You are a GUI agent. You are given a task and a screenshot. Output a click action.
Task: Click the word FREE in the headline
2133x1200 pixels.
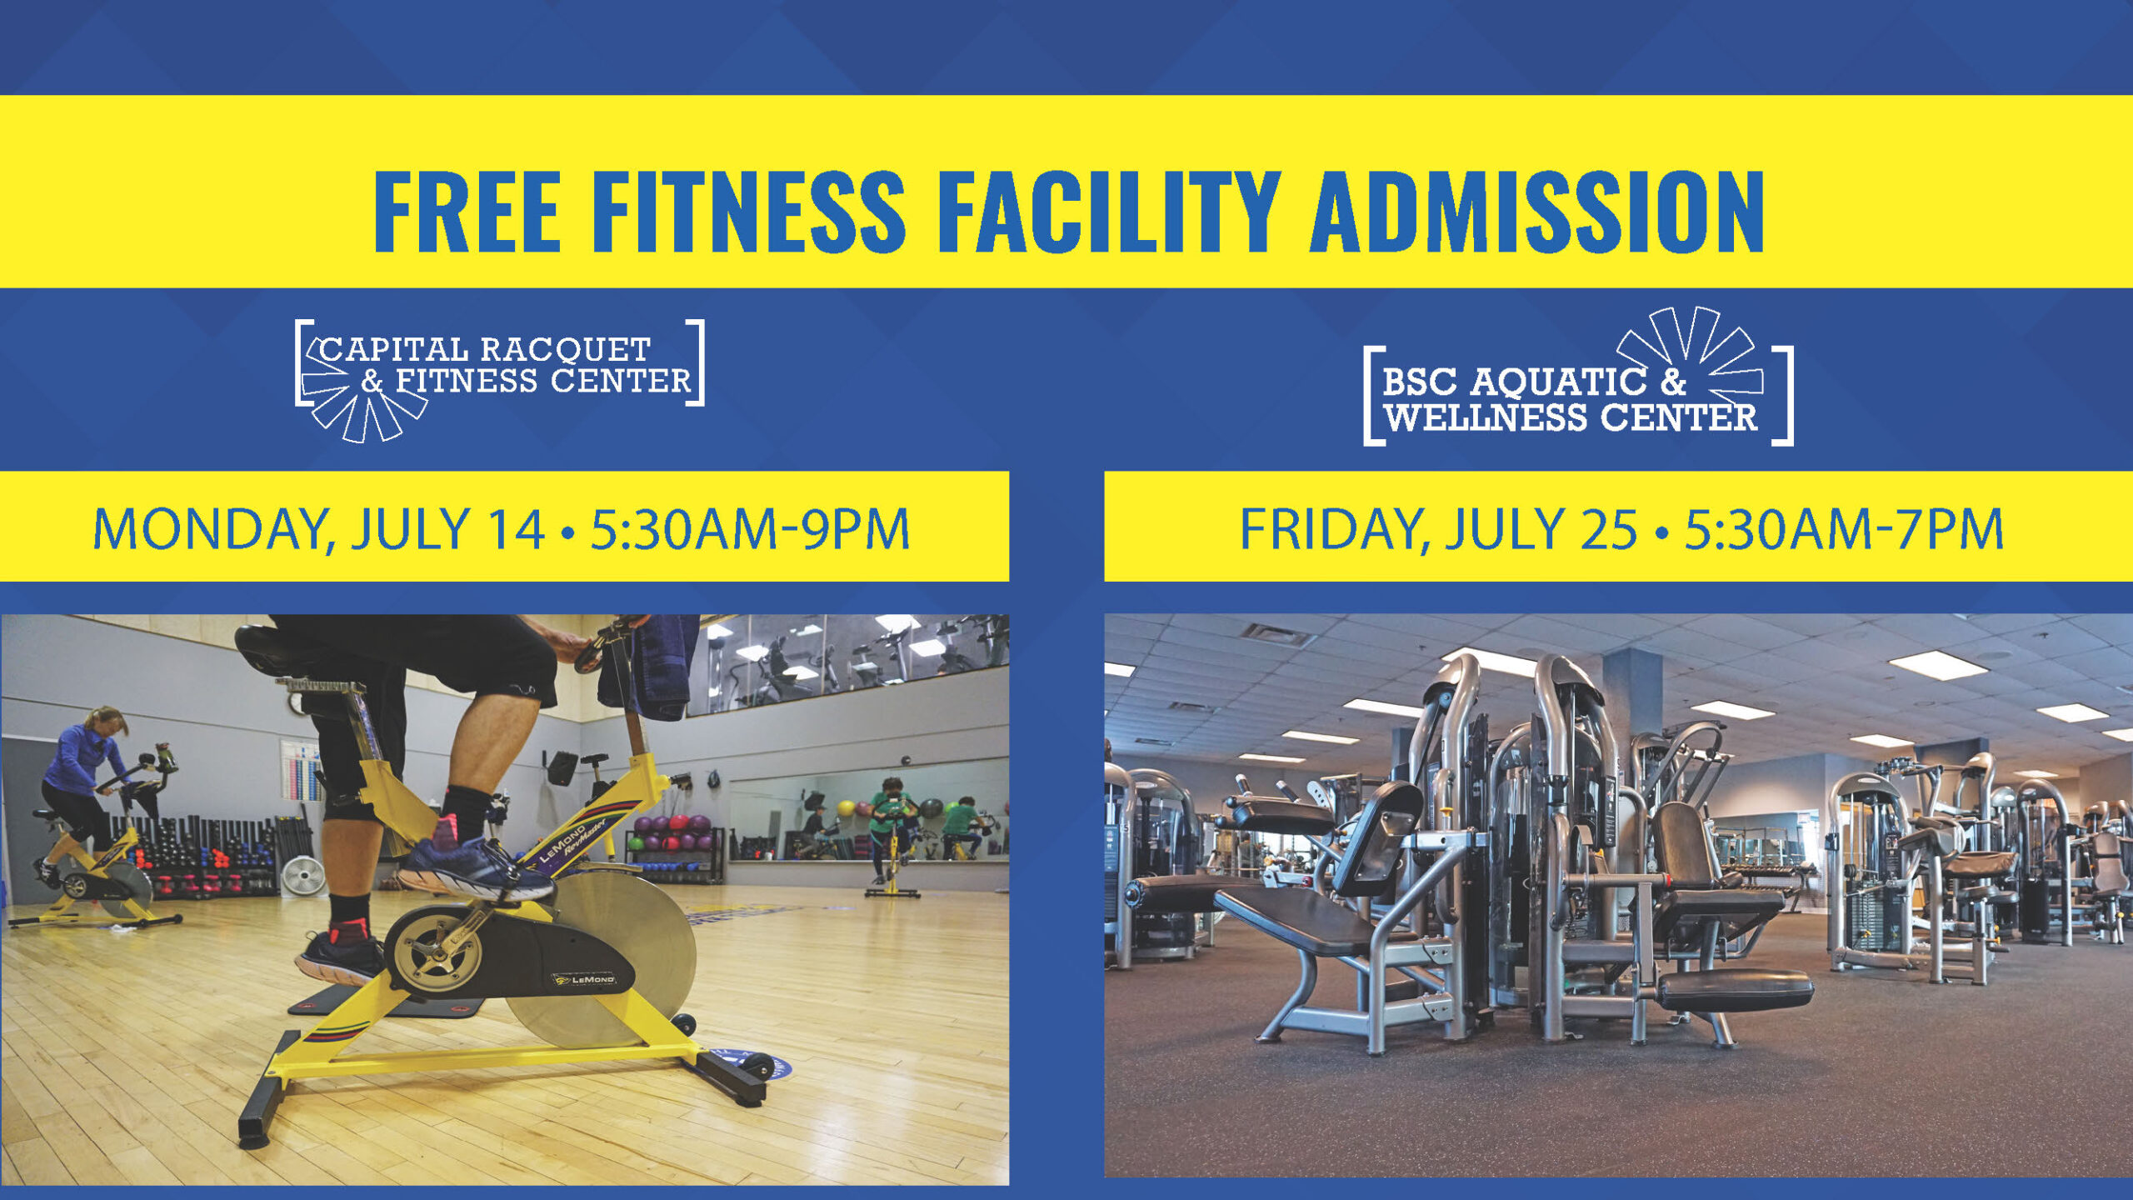466,211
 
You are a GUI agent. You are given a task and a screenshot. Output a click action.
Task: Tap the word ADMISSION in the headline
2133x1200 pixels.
1537,211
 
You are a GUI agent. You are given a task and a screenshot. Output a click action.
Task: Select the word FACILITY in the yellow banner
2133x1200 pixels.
1109,211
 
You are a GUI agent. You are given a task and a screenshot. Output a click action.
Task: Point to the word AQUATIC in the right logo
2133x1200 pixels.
1557,382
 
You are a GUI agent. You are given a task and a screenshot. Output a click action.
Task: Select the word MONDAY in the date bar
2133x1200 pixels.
213,530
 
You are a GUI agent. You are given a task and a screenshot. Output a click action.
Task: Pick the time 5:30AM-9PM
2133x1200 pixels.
750,530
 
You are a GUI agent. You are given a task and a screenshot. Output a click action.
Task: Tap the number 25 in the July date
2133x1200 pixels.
1608,530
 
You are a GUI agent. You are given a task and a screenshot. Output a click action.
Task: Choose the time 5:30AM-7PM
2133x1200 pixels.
1844,530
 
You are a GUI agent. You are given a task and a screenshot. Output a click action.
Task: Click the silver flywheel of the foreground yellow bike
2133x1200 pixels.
617,958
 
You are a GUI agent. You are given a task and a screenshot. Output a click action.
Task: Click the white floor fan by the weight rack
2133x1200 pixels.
303,876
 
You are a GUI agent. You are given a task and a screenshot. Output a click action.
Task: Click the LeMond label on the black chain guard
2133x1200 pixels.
584,979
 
